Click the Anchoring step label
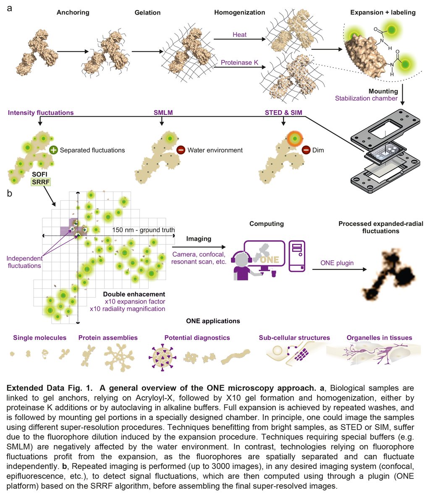point(73,12)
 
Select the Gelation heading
point(147,13)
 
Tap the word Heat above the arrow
point(239,35)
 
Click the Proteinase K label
point(239,62)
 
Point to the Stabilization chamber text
point(366,99)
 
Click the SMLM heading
point(163,113)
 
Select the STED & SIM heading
point(283,113)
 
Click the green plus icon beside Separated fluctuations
point(54,150)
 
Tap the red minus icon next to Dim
point(306,150)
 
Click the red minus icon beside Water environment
point(181,150)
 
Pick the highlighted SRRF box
point(41,181)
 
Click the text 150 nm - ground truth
point(143,230)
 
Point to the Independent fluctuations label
point(24,262)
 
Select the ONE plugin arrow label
point(337,263)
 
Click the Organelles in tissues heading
point(379,338)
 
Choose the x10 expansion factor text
point(135,301)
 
